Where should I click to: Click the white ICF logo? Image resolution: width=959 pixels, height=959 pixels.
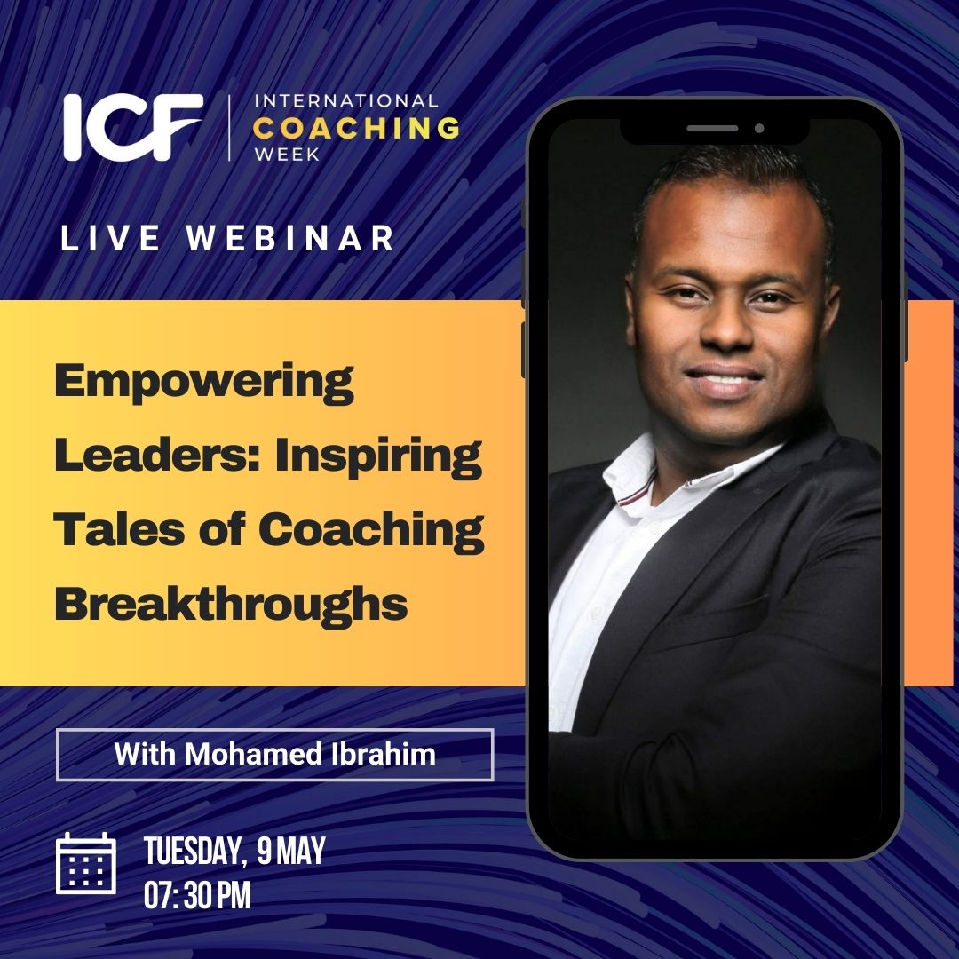coord(132,127)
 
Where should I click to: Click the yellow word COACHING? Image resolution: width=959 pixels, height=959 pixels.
coord(356,128)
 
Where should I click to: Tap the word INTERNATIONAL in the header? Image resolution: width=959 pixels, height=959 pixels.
coord(346,101)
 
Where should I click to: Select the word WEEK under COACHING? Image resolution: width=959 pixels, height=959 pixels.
coord(287,155)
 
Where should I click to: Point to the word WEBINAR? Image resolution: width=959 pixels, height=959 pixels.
coord(290,238)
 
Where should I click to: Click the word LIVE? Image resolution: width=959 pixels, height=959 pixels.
coord(110,238)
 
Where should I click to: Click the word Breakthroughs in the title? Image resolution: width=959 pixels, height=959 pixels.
coord(231,605)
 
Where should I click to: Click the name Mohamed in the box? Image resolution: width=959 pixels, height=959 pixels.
coord(252,754)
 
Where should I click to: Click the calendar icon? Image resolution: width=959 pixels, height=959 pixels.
coord(86,863)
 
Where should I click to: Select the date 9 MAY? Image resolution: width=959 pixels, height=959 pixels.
coord(291,851)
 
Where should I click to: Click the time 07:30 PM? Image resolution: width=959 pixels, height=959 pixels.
coord(197,896)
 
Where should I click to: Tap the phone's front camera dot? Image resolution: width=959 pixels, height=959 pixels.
coord(759,129)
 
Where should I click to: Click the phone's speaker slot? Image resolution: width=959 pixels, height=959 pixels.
coord(712,129)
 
